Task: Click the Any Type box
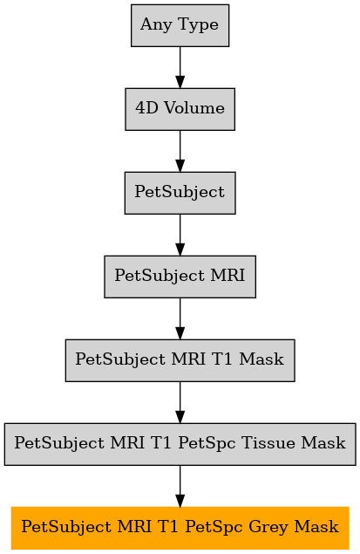180,25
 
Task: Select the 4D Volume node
180,109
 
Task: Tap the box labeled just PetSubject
180,193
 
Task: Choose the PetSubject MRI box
180,277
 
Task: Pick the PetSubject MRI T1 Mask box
180,360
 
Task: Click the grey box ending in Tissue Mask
180,444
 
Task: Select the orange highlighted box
180,528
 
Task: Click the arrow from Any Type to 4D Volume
180,67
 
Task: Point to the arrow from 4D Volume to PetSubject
180,151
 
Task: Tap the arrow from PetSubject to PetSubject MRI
180,235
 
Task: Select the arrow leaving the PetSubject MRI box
180,318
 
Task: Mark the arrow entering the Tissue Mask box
180,402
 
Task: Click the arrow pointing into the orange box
180,486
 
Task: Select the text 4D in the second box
146,108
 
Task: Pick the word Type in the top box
199,25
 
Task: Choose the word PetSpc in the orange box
214,527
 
